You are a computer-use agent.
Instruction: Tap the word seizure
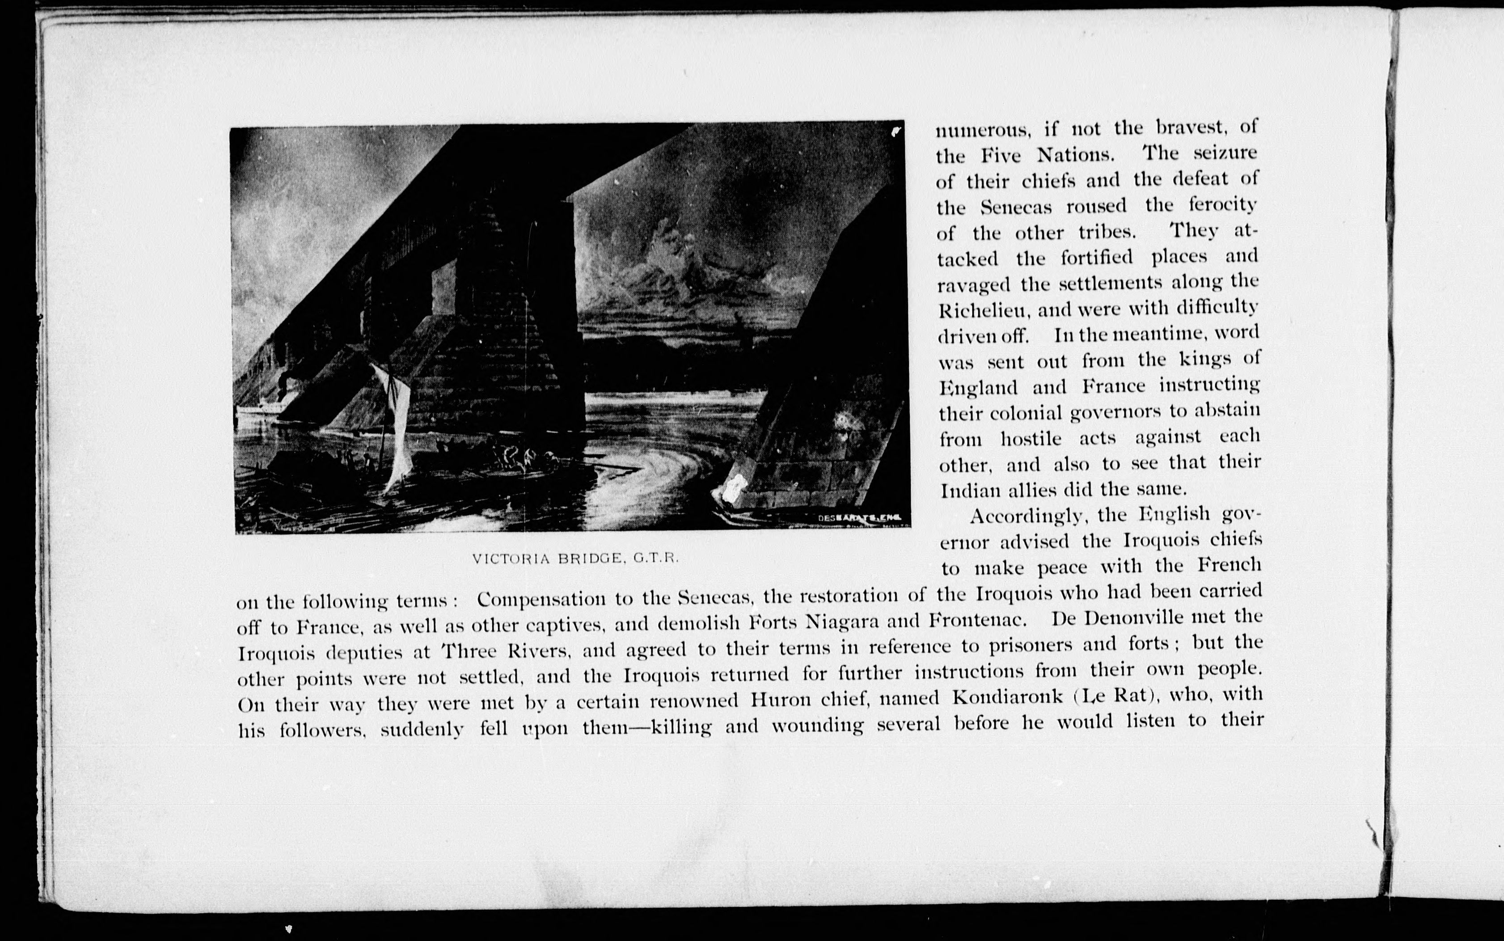[x=1221, y=153]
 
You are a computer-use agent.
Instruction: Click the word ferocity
[x=1223, y=205]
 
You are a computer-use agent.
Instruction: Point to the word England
[x=978, y=388]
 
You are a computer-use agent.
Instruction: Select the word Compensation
[x=541, y=599]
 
